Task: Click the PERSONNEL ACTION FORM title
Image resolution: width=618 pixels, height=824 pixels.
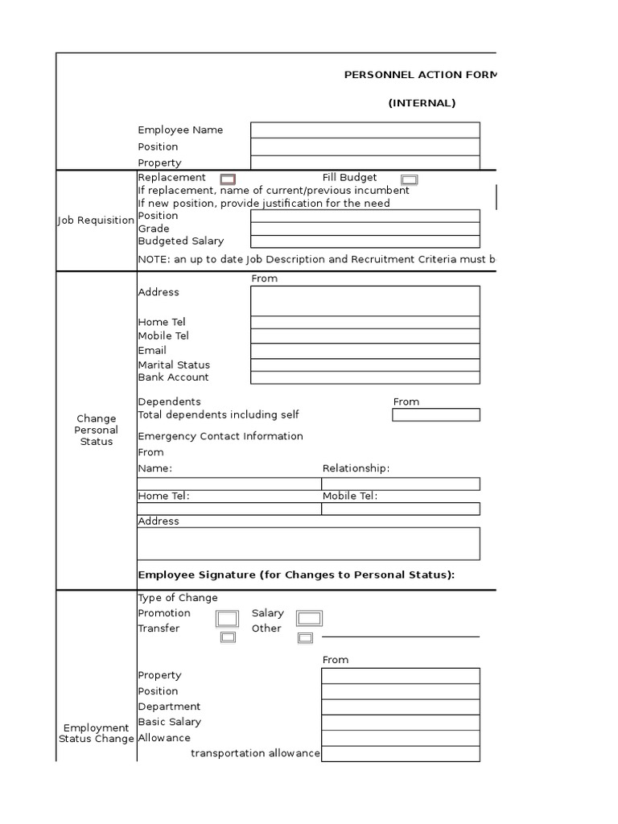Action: click(421, 75)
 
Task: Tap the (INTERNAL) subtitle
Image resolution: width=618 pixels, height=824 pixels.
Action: click(422, 103)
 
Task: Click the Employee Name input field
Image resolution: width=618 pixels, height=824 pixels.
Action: click(365, 130)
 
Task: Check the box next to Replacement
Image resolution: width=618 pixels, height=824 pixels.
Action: click(228, 179)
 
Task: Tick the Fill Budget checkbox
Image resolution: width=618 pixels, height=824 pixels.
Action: click(409, 179)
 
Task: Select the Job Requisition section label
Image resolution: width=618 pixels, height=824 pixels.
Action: click(96, 220)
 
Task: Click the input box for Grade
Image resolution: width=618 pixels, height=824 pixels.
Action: click(365, 229)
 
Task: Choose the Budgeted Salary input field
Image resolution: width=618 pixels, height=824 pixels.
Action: click(365, 241)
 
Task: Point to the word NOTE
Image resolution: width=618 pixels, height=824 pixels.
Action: click(152, 260)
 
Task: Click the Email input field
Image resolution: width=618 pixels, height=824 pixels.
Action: click(365, 351)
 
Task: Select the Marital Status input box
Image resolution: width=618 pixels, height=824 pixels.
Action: click(365, 365)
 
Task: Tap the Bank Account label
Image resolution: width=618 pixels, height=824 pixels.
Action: click(173, 377)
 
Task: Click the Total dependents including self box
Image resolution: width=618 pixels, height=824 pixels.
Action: click(435, 415)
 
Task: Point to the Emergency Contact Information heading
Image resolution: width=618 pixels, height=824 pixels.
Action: click(220, 436)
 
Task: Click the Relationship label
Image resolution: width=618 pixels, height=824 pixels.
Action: click(356, 468)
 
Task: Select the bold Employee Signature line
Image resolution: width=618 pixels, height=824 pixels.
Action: click(296, 575)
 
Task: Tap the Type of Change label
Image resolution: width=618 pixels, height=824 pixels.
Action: click(178, 598)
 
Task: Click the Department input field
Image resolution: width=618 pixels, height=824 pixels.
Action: click(400, 707)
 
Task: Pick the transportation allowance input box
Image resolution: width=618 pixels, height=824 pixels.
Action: click(400, 753)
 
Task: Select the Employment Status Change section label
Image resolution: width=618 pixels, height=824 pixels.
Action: click(96, 733)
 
